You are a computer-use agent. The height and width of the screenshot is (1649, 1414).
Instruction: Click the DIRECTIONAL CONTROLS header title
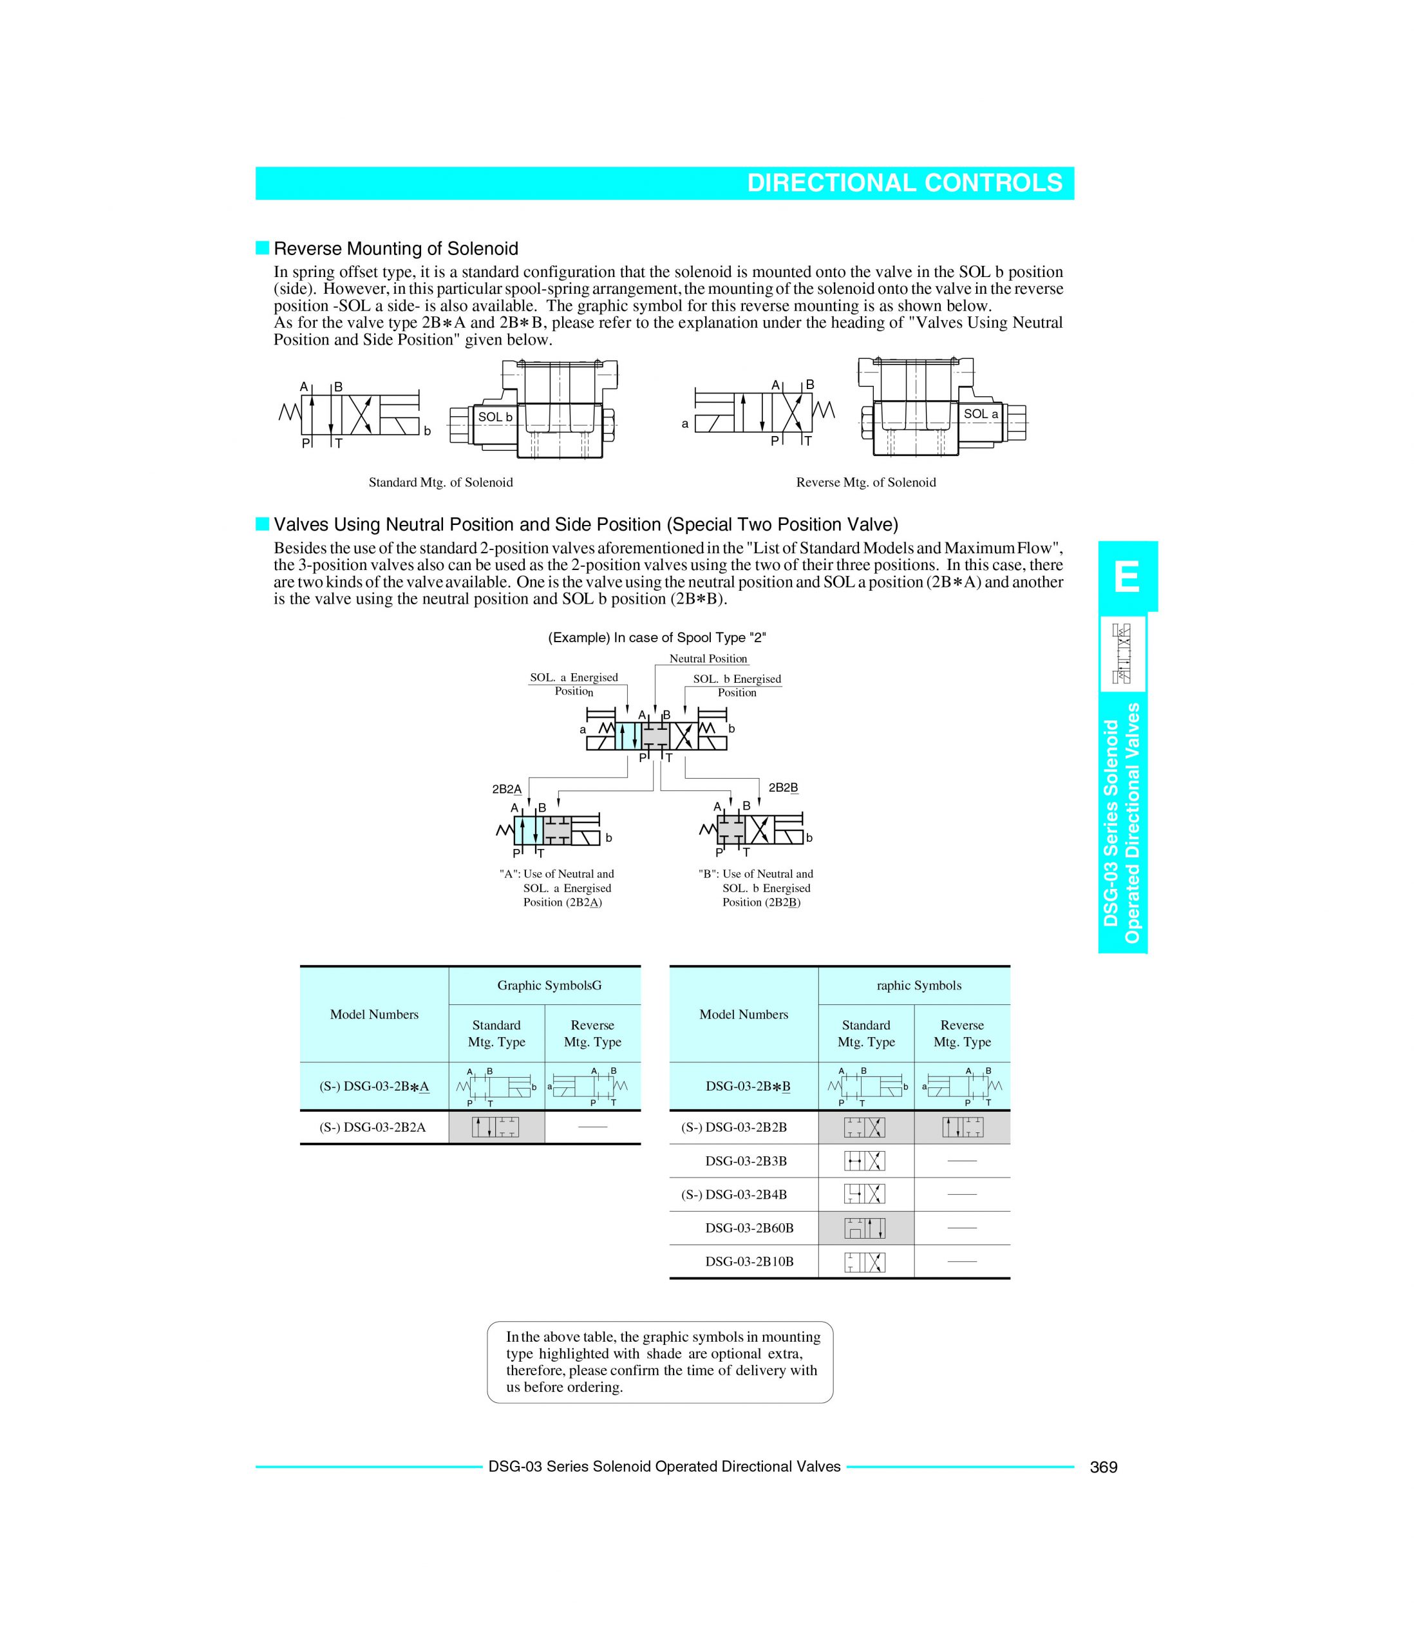coord(904,183)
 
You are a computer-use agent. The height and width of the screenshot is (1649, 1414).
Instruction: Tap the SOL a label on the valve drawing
coord(980,414)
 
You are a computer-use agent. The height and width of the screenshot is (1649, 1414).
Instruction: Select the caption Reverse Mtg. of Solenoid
coord(866,482)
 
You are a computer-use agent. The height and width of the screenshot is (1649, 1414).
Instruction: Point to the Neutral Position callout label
coord(708,659)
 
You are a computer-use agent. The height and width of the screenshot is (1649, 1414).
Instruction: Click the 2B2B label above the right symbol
coord(782,787)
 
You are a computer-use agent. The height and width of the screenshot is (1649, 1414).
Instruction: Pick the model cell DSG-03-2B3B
coord(746,1161)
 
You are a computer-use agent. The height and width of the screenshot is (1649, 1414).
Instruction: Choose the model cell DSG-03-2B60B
coord(749,1228)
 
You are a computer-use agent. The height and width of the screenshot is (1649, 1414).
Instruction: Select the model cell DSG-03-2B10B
coord(749,1261)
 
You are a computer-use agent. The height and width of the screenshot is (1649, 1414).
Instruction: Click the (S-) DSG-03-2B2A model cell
coord(372,1127)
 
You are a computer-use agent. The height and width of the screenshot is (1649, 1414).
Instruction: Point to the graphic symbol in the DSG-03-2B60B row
coord(864,1228)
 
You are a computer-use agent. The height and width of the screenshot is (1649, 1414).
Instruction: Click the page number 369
coord(1104,1467)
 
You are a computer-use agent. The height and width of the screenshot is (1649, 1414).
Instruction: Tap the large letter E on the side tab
coord(1127,577)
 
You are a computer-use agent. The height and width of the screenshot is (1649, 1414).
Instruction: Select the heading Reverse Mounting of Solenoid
coord(395,249)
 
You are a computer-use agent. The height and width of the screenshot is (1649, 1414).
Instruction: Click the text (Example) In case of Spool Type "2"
coord(657,638)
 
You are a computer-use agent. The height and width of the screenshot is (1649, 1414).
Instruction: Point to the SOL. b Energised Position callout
coord(737,685)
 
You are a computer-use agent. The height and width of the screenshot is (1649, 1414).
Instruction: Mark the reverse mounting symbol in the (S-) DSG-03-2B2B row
coord(962,1127)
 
